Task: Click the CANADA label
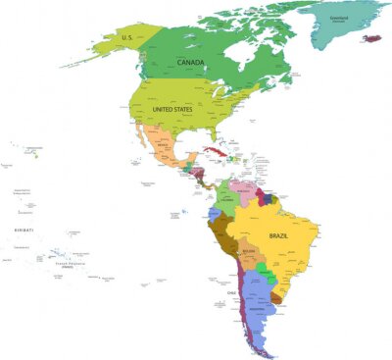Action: point(190,63)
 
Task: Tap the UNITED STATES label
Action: point(172,110)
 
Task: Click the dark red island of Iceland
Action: point(371,38)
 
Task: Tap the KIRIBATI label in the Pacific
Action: point(24,229)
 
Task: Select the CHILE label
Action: point(232,291)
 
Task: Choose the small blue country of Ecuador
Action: point(214,215)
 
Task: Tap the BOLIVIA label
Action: point(249,251)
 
